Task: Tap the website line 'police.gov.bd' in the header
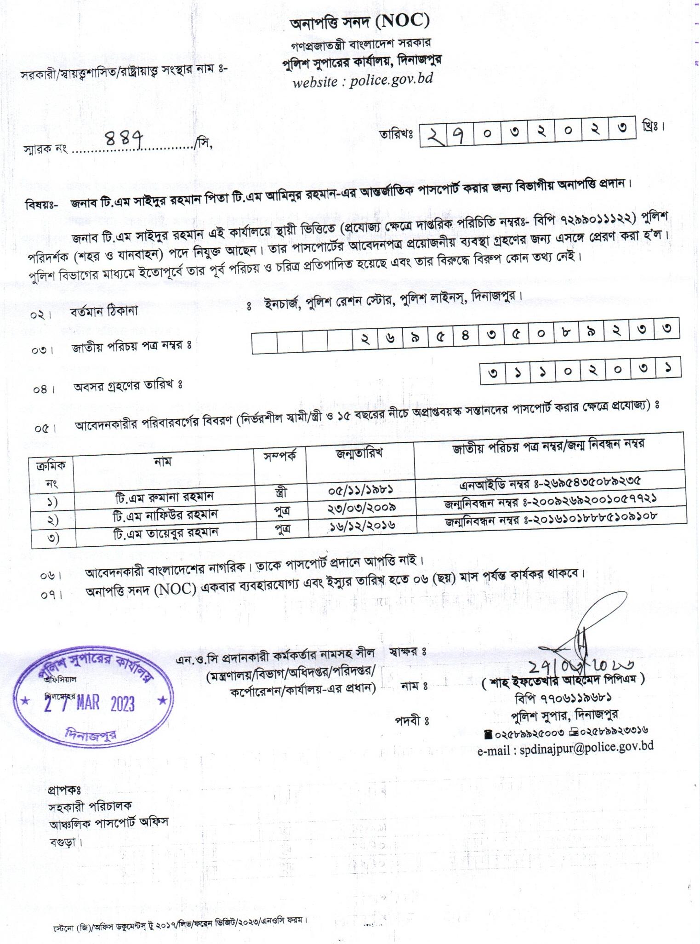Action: point(363,81)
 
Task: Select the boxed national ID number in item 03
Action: point(465,338)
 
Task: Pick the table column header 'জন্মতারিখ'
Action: point(359,453)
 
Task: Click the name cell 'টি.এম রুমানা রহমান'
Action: point(164,497)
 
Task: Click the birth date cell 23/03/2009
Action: point(362,508)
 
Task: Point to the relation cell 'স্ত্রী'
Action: point(280,493)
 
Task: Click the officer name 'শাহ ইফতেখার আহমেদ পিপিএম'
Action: point(563,680)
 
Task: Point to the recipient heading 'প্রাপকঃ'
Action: point(64,791)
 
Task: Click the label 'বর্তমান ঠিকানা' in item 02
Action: point(104,311)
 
